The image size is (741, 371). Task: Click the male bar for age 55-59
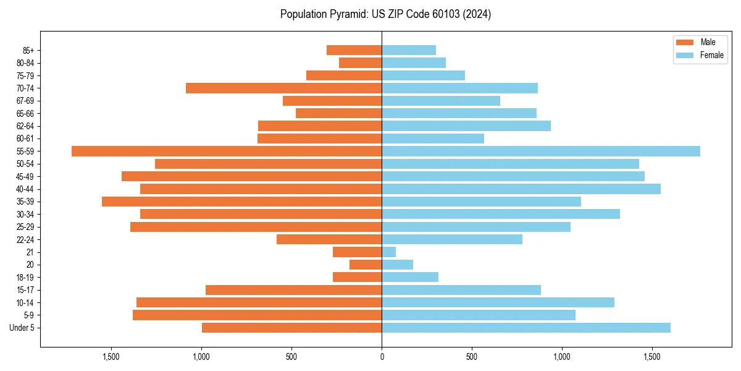pyautogui.click(x=227, y=151)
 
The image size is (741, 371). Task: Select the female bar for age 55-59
pyautogui.click(x=541, y=151)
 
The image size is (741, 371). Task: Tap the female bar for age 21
pyautogui.click(x=389, y=252)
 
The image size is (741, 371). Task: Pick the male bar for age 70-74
pyautogui.click(x=284, y=88)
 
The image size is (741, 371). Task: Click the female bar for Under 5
pyautogui.click(x=526, y=328)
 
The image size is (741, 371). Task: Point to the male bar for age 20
pyautogui.click(x=366, y=265)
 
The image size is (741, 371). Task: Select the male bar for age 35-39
pyautogui.click(x=242, y=202)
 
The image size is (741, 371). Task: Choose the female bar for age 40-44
pyautogui.click(x=521, y=189)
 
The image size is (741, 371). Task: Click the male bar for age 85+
pyautogui.click(x=354, y=50)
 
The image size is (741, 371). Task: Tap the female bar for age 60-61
pyautogui.click(x=433, y=139)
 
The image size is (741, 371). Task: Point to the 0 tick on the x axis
pyautogui.click(x=382, y=357)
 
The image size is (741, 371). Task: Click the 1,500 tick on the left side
pyautogui.click(x=111, y=357)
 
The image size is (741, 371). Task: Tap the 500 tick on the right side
pyautogui.click(x=472, y=357)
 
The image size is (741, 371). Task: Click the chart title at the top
pyautogui.click(x=385, y=14)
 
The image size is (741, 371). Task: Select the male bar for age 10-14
pyautogui.click(x=259, y=302)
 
